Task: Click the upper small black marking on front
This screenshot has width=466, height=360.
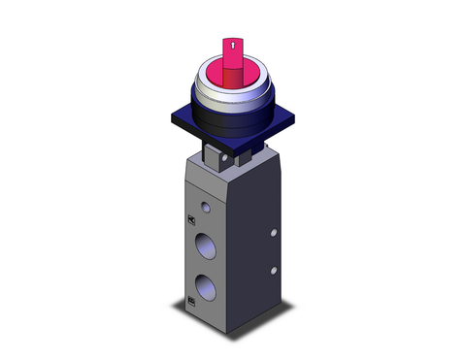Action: point(188,219)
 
